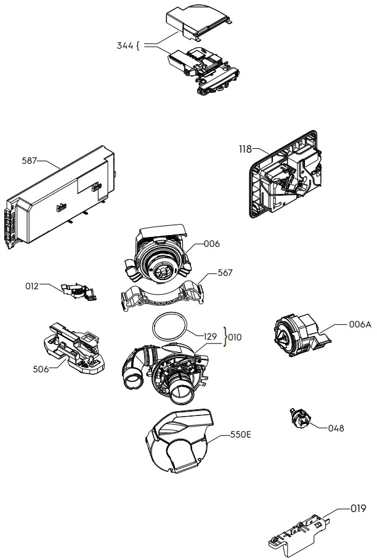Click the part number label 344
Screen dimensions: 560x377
(x=125, y=46)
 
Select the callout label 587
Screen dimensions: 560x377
(x=30, y=161)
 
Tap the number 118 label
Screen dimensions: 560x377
(x=245, y=149)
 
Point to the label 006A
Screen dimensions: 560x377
(x=360, y=324)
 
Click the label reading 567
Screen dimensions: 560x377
(x=225, y=273)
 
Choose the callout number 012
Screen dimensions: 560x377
(x=32, y=286)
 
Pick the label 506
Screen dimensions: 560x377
(x=40, y=369)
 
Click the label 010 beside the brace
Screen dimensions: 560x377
(x=235, y=337)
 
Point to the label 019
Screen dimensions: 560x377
(x=358, y=508)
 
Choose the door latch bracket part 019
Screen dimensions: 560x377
(x=299, y=533)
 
